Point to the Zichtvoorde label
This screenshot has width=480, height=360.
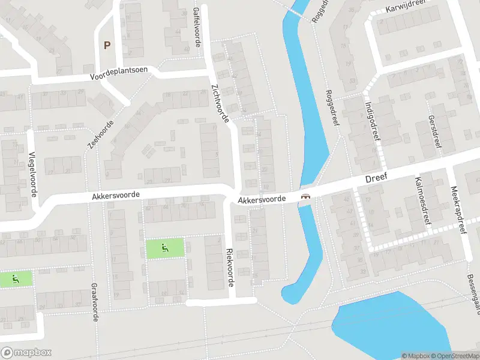pyautogui.click(x=220, y=103)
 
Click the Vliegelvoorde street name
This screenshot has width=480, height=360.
pyautogui.click(x=33, y=174)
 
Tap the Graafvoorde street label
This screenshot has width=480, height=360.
pyautogui.click(x=94, y=302)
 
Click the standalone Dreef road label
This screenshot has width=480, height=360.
pyautogui.click(x=376, y=178)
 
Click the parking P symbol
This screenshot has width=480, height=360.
pyautogui.click(x=107, y=45)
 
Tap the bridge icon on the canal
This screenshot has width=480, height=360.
pyautogui.click(x=305, y=196)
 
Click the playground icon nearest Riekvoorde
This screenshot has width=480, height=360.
pyautogui.click(x=165, y=247)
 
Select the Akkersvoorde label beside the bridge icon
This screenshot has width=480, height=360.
pyautogui.click(x=261, y=199)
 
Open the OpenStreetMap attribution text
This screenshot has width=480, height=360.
pyautogui.click(x=454, y=356)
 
